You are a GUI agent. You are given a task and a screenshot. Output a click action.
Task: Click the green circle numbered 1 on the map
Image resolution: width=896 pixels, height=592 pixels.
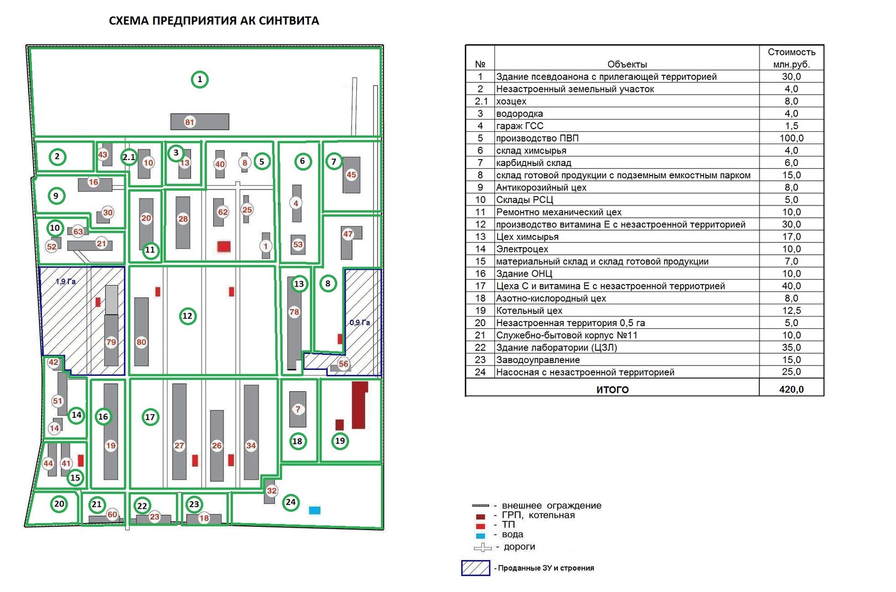(199, 80)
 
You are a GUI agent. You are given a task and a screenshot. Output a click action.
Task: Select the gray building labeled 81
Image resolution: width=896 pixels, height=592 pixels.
(199, 122)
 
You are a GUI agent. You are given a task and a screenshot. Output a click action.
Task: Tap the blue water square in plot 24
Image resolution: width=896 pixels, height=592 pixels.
(315, 510)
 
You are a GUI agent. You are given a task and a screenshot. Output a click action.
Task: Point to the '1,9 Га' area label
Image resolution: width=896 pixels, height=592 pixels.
(66, 281)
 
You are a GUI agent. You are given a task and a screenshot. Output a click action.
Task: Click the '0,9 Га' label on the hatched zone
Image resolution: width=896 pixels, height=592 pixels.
(359, 322)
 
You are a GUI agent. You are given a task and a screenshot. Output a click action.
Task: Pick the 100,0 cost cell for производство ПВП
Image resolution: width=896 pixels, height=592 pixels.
(791, 138)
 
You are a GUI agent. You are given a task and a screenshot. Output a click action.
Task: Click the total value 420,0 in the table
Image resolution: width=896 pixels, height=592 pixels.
(791, 389)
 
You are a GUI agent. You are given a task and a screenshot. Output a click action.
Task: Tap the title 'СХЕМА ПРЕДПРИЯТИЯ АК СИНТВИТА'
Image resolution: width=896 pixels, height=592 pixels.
(214, 21)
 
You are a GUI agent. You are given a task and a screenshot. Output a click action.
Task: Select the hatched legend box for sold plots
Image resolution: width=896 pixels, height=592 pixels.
(475, 568)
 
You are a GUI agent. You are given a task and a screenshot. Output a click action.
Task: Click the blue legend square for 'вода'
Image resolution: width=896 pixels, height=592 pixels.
(481, 535)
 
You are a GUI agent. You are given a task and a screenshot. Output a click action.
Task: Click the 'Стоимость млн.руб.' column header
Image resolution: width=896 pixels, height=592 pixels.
(791, 58)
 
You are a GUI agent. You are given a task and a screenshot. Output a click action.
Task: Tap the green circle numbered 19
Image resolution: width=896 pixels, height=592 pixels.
(340, 441)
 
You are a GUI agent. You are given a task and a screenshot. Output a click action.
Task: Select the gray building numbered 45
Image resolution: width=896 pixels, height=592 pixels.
(351, 175)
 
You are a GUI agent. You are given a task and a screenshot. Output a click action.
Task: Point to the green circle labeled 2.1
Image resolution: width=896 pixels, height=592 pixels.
(129, 157)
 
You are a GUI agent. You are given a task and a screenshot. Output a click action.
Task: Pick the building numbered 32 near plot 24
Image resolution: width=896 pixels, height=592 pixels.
(270, 491)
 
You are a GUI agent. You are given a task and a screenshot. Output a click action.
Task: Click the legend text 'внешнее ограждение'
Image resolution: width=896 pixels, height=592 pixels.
(551, 506)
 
